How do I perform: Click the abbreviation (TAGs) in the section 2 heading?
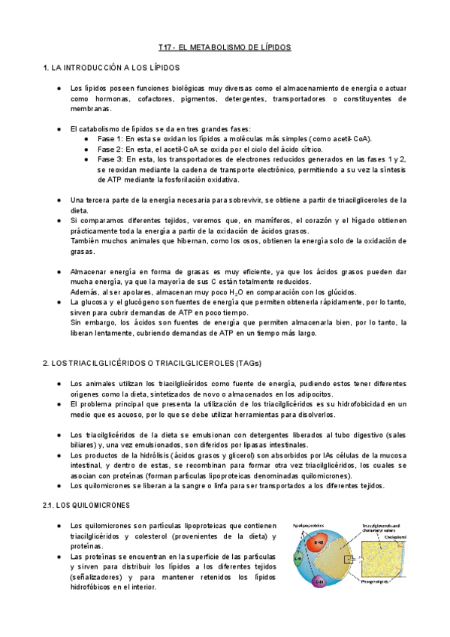(x=247, y=363)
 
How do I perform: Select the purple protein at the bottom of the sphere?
(x=319, y=583)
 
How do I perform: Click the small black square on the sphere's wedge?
(x=348, y=559)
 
